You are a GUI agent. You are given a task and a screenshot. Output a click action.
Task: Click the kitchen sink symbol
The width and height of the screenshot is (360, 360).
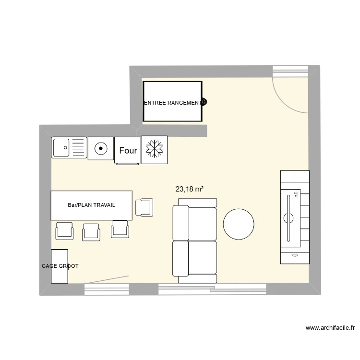[69, 147]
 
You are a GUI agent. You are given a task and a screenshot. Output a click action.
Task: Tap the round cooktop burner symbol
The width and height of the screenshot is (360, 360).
[100, 148]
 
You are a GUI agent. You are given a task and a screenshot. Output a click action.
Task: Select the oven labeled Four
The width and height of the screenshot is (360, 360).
[128, 150]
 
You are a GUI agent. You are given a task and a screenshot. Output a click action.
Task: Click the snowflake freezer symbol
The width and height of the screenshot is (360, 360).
[155, 149]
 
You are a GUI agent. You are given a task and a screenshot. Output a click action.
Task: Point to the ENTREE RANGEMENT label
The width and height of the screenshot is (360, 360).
[172, 103]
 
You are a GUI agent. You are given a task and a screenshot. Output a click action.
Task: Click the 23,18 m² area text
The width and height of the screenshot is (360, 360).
[190, 189]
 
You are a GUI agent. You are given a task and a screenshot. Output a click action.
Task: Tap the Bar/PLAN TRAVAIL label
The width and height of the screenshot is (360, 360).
[91, 205]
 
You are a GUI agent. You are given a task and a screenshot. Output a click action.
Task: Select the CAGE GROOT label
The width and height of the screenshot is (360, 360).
[60, 266]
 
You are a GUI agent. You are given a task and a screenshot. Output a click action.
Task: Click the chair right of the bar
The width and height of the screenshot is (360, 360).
[144, 207]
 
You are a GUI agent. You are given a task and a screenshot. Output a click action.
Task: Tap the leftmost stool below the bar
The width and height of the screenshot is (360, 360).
[65, 231]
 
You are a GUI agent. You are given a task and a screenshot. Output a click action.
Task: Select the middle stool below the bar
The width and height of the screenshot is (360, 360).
[92, 232]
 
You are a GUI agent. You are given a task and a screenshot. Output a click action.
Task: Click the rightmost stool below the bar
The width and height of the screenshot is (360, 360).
[120, 229]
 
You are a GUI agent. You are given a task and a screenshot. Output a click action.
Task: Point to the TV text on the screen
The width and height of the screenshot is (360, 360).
[296, 196]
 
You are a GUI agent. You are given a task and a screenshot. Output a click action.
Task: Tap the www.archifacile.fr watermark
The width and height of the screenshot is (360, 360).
[330, 328]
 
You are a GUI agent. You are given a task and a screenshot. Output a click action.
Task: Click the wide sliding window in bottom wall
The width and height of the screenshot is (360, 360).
[212, 288]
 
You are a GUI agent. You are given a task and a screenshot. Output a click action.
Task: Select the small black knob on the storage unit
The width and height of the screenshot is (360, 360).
[204, 102]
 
